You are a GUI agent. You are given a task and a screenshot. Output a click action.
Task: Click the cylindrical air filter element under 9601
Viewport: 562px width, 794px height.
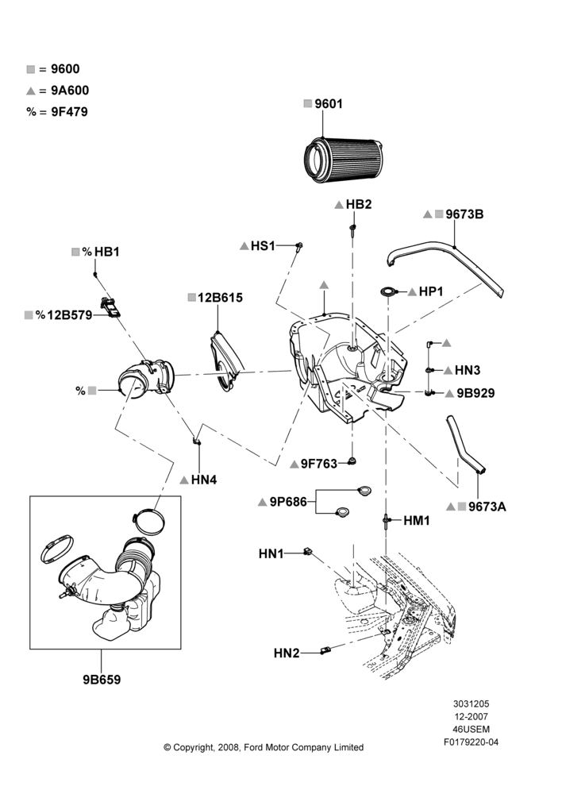[x=342, y=160]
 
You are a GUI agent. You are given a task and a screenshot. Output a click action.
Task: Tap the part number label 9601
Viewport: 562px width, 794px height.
[x=329, y=104]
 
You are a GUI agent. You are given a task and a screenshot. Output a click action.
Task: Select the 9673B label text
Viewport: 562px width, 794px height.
[x=464, y=214]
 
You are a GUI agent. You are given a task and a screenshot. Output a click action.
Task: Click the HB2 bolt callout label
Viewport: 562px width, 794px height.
[x=359, y=204]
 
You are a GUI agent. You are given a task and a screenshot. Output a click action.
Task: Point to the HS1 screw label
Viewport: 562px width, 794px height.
[x=263, y=246]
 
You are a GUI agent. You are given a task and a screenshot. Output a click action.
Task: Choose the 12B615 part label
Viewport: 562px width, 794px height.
[x=220, y=298]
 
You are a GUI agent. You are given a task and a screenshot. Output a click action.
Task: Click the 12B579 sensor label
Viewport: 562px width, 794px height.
[x=70, y=315]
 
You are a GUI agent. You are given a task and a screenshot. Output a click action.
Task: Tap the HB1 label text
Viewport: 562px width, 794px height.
[x=107, y=252]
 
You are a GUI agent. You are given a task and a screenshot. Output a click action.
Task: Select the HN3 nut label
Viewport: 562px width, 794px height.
[x=468, y=370]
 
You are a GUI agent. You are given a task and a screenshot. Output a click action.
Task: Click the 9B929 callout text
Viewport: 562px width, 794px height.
[x=475, y=394]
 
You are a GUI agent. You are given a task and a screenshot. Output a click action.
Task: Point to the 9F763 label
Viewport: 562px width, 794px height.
[x=319, y=464]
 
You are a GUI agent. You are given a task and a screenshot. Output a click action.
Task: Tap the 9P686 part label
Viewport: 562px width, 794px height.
[x=288, y=502]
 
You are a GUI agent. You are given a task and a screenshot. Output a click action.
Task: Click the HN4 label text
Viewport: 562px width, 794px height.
[x=204, y=480]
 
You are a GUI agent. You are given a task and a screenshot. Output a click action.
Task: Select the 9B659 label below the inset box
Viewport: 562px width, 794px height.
[x=102, y=680]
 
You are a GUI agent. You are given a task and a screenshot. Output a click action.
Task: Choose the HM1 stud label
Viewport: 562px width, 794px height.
[x=417, y=521]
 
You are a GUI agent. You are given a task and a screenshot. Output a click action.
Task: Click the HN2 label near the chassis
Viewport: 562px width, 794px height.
[x=287, y=653]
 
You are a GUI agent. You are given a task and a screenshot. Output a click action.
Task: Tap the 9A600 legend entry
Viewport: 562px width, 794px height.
[x=70, y=91]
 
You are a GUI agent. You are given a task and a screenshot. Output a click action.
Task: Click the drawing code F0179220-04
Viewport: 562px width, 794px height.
[x=471, y=742]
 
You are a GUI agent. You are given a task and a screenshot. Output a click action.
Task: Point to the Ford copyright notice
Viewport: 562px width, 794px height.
[x=264, y=747]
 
